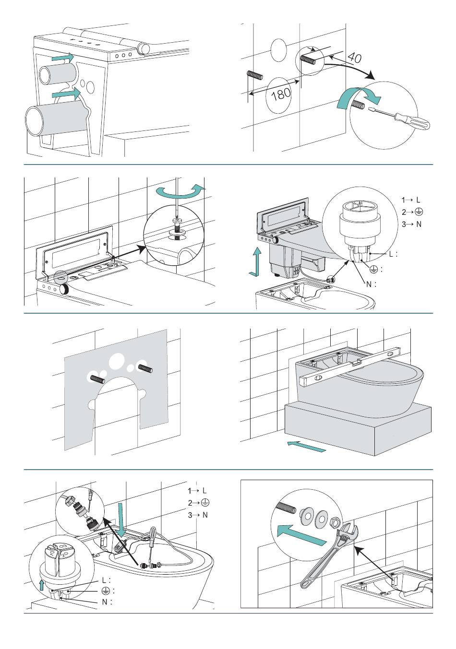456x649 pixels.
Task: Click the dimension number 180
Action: [x=281, y=93]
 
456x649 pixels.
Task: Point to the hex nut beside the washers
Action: [x=335, y=520]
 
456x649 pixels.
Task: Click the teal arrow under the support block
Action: [x=306, y=446]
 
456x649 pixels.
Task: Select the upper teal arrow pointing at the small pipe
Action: [x=63, y=58]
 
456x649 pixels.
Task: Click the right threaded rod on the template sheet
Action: [x=145, y=368]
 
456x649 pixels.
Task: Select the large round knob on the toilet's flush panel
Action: [x=63, y=288]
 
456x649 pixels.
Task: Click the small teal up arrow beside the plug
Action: [x=42, y=583]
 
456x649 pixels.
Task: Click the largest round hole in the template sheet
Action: [x=117, y=362]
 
